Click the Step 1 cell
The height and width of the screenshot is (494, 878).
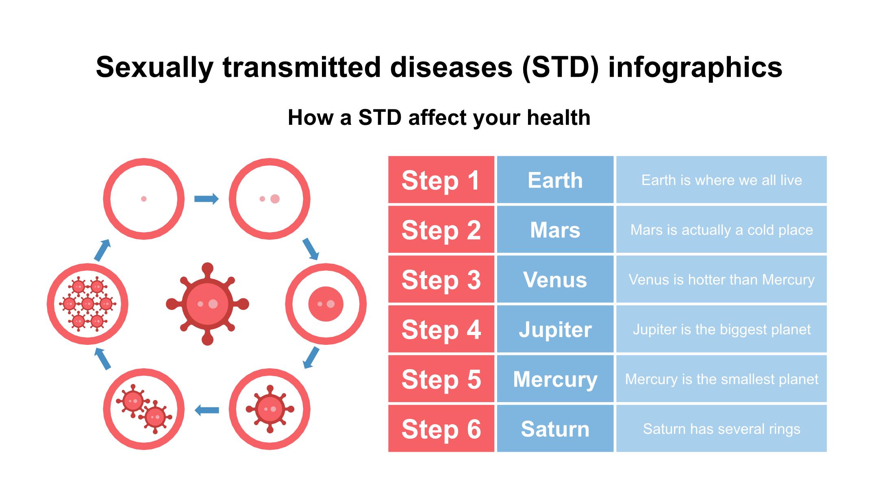(441, 180)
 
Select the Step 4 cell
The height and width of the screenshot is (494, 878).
(441, 329)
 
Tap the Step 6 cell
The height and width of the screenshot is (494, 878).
(441, 428)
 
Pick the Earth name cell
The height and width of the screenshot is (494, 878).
(555, 180)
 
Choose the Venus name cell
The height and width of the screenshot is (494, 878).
(555, 279)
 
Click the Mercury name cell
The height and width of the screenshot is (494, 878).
(555, 379)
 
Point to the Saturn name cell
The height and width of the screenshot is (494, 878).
(555, 428)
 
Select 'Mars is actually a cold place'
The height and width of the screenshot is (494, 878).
(722, 230)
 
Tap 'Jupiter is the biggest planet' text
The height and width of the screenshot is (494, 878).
(722, 329)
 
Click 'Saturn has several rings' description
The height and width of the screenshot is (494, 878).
(722, 429)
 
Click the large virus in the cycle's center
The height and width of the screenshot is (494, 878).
(207, 304)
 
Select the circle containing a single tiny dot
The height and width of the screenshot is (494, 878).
(144, 199)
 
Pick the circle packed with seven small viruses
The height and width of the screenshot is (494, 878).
(88, 304)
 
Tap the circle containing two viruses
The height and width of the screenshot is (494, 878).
(144, 409)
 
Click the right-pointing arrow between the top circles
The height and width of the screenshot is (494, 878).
(206, 199)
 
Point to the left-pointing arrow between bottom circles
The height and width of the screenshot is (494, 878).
(206, 410)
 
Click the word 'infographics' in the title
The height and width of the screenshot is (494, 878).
(695, 67)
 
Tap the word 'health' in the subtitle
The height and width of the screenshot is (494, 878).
(559, 118)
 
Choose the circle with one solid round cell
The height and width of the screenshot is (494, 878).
(326, 304)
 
